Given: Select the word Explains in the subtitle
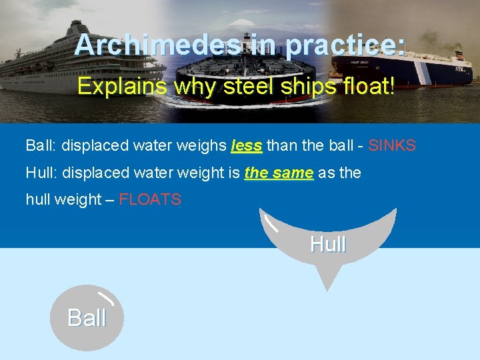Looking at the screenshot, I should [121, 87].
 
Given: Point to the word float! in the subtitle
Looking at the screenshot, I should [368, 87].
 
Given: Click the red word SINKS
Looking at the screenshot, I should [392, 145].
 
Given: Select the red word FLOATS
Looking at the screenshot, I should [150, 200].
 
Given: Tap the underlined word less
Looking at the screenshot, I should [246, 145].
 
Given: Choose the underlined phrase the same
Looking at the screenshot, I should [279, 173].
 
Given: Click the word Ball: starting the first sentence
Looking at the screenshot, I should [41, 145].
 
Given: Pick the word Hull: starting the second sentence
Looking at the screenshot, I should [41, 173].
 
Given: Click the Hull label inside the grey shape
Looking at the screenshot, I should [327, 245].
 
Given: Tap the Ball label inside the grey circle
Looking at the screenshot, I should [87, 318].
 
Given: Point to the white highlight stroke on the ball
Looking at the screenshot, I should [105, 298].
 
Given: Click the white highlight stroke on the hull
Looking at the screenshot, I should [270, 223].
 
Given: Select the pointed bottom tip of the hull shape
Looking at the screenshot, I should [326, 288].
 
